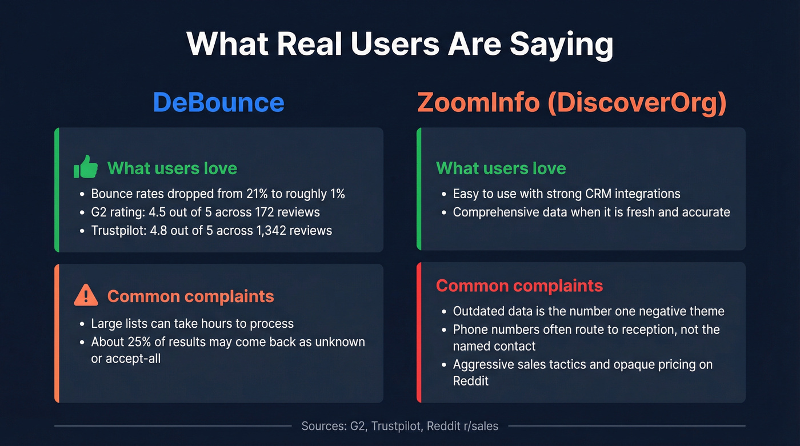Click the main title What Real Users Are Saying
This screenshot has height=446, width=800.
[399, 45]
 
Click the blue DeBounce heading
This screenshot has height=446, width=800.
[218, 102]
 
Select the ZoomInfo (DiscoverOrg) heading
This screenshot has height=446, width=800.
[571, 102]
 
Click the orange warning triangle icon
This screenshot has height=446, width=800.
[86, 296]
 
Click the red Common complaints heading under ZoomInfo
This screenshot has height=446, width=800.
[519, 286]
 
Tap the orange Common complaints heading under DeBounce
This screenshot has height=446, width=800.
[190, 296]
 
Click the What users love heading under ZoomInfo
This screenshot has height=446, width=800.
[501, 168]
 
